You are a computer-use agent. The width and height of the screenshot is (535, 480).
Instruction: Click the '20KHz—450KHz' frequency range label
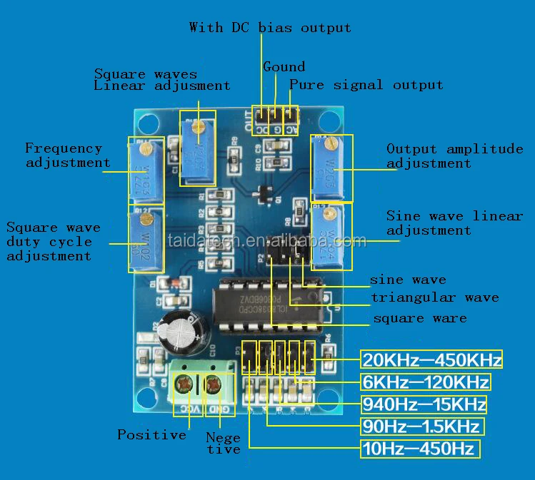[431, 359]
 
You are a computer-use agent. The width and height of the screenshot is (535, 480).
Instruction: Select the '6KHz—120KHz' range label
[426, 382]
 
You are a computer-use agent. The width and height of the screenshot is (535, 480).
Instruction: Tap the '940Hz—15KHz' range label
[424, 404]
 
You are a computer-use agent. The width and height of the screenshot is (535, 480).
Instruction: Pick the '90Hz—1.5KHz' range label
[421, 427]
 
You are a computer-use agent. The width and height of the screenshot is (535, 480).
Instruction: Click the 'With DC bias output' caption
[270, 28]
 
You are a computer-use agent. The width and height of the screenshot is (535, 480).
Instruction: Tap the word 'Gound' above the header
[284, 66]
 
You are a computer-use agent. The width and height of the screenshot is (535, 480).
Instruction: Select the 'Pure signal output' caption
[366, 85]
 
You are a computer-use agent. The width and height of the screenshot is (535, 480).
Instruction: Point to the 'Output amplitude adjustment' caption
[454, 155]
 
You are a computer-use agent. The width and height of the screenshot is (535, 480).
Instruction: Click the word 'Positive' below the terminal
[151, 434]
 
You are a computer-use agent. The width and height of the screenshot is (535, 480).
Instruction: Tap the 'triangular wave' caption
[434, 297]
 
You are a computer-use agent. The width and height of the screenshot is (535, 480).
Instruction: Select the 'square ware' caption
[420, 318]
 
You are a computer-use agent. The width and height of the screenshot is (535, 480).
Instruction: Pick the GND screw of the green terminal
[214, 386]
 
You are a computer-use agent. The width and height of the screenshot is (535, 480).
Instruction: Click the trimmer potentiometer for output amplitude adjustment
[331, 170]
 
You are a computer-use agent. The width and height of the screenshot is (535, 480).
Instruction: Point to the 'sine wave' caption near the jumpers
[408, 279]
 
